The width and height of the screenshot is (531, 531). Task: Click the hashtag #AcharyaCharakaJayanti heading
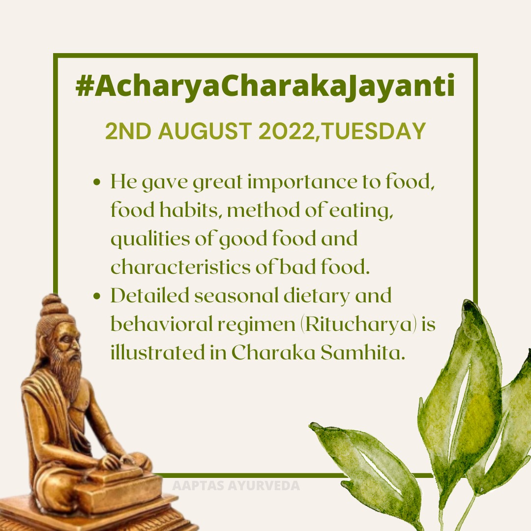pyautogui.click(x=265, y=87)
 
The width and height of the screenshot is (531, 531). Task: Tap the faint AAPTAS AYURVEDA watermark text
pyautogui.click(x=236, y=486)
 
